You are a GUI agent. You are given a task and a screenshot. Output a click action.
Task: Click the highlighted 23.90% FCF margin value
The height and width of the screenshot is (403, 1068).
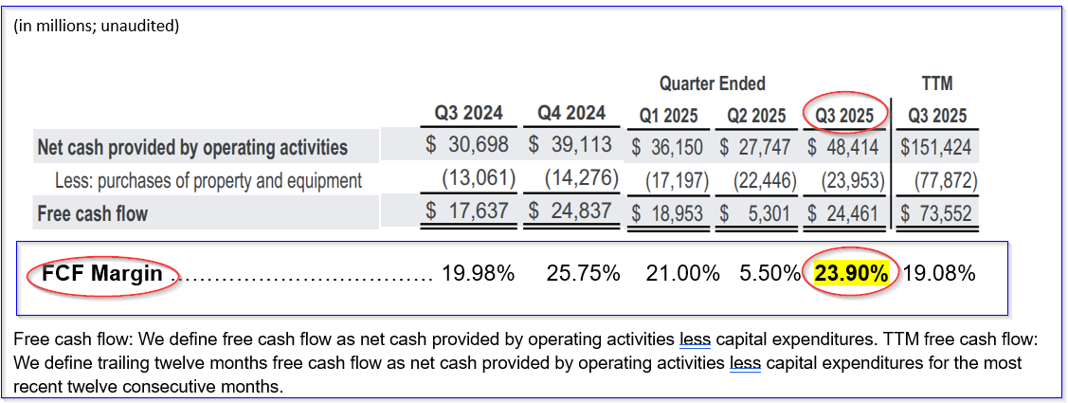pos(851,274)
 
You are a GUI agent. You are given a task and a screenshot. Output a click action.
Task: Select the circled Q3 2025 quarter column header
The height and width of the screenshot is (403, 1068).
pos(844,116)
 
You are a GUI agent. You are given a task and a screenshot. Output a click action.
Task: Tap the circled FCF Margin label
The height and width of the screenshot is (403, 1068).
pos(102,275)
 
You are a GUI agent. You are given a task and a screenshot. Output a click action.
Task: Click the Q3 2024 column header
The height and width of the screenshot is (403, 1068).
pos(468,113)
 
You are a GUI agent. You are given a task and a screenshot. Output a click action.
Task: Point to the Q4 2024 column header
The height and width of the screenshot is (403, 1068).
pos(571,113)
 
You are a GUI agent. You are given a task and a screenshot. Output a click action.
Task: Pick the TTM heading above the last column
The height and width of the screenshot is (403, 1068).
pos(937,83)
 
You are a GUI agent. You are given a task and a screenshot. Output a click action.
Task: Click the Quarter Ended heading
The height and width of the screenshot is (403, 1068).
pos(713,83)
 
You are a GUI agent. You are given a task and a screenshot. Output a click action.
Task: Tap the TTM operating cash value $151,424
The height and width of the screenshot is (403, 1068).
pos(936,148)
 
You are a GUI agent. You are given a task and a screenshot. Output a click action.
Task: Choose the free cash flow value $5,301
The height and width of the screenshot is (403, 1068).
pos(757,213)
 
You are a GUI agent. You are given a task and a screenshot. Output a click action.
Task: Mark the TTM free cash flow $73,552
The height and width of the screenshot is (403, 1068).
pos(936,213)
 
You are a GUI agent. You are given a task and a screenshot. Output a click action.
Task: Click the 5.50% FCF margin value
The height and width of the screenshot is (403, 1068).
pos(769,274)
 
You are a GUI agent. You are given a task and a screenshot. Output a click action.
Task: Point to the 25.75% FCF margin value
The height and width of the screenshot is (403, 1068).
pos(583,274)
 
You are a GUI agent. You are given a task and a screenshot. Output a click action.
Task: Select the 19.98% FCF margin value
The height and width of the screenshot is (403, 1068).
pos(478,274)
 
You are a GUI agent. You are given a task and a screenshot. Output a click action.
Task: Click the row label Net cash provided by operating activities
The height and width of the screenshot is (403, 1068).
pos(192,148)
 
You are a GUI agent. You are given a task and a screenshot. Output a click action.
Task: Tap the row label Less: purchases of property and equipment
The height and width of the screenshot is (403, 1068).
pos(208,180)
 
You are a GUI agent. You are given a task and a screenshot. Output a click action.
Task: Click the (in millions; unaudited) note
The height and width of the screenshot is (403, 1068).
pos(97,26)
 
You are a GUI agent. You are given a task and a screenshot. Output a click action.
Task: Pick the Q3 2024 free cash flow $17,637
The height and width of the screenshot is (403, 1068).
pos(470,211)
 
